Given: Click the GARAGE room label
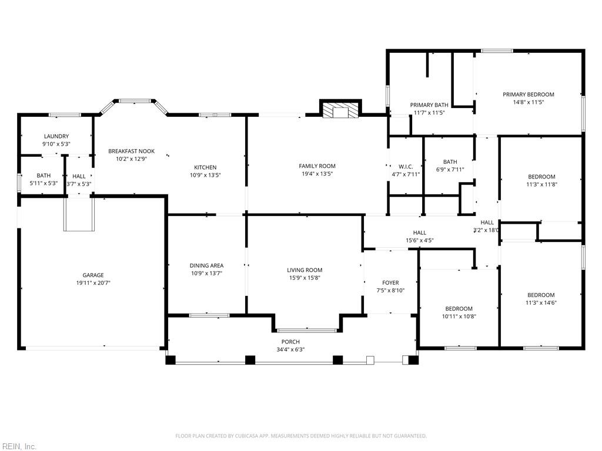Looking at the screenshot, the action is pyautogui.click(x=93, y=275).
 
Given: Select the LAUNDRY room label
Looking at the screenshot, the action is pyautogui.click(x=56, y=136).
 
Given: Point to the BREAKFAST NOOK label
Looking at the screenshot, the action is pyautogui.click(x=131, y=151).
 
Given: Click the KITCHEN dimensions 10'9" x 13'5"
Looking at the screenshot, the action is pyautogui.click(x=205, y=175).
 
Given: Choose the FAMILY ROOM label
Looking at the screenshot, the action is pyautogui.click(x=317, y=166).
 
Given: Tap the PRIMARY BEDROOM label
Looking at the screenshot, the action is pyautogui.click(x=529, y=95).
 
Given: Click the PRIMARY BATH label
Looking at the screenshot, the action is pyautogui.click(x=429, y=105).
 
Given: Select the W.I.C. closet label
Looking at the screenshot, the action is pyautogui.click(x=406, y=166).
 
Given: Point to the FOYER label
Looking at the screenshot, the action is pyautogui.click(x=390, y=282).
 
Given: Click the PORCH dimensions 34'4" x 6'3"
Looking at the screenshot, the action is pyautogui.click(x=290, y=349).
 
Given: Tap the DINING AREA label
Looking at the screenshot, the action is pyautogui.click(x=206, y=265).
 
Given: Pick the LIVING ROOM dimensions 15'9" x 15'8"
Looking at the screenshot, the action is pyautogui.click(x=305, y=278).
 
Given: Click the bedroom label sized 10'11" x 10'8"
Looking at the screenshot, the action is pyautogui.click(x=459, y=309).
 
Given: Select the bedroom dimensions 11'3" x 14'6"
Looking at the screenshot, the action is pyautogui.click(x=541, y=302).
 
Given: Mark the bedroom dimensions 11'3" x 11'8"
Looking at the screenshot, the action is pyautogui.click(x=541, y=184).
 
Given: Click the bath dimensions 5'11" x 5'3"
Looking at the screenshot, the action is pyautogui.click(x=44, y=183).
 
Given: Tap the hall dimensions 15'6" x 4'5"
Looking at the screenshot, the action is pyautogui.click(x=420, y=240).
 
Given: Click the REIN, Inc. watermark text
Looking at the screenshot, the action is pyautogui.click(x=18, y=446).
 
